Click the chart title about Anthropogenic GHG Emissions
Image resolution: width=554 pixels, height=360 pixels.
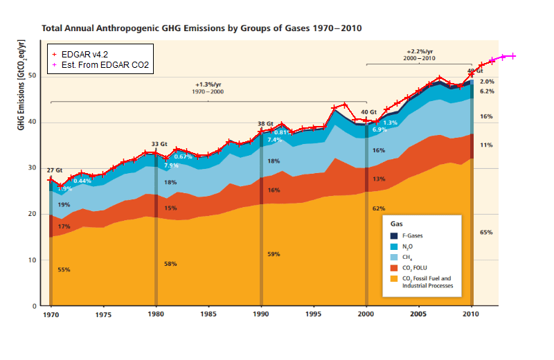click(x=202, y=29)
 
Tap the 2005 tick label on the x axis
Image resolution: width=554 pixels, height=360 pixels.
click(x=419, y=314)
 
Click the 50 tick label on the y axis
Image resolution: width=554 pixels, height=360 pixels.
click(x=32, y=75)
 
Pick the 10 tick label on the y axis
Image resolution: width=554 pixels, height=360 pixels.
click(x=32, y=260)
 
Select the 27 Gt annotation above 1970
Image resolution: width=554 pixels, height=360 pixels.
click(x=55, y=170)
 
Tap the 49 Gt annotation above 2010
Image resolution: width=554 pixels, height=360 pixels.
click(x=474, y=71)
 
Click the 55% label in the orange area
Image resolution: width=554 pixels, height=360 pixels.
click(x=64, y=269)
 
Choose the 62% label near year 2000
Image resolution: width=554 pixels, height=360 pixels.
click(x=379, y=208)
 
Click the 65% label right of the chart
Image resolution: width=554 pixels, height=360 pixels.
click(x=486, y=233)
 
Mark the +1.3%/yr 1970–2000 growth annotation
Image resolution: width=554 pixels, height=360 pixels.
click(x=208, y=87)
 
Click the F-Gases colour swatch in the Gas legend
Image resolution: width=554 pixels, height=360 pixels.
click(x=394, y=236)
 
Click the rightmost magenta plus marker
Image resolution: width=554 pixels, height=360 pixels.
click(x=513, y=56)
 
